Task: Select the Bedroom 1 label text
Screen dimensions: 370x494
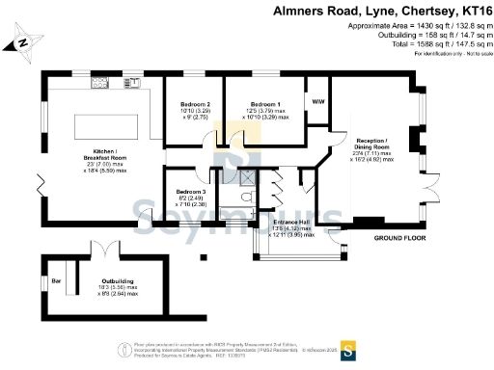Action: [265, 103]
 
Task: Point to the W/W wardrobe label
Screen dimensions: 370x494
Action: [316, 101]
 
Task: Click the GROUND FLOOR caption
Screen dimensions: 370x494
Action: [401, 237]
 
